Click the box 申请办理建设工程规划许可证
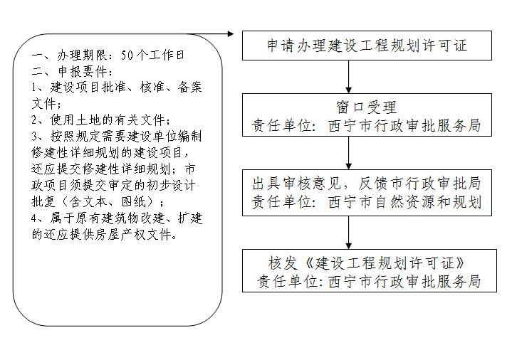367,46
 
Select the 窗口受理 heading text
367,107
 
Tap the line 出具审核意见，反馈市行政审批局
367,183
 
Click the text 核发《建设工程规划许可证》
367,261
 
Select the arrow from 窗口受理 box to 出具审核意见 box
349,152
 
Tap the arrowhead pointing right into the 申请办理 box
231,33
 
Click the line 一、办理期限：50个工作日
109,54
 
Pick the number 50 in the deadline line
127,54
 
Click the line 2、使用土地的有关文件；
101,119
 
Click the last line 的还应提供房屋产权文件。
105,233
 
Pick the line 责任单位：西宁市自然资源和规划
367,202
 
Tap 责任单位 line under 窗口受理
367,127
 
